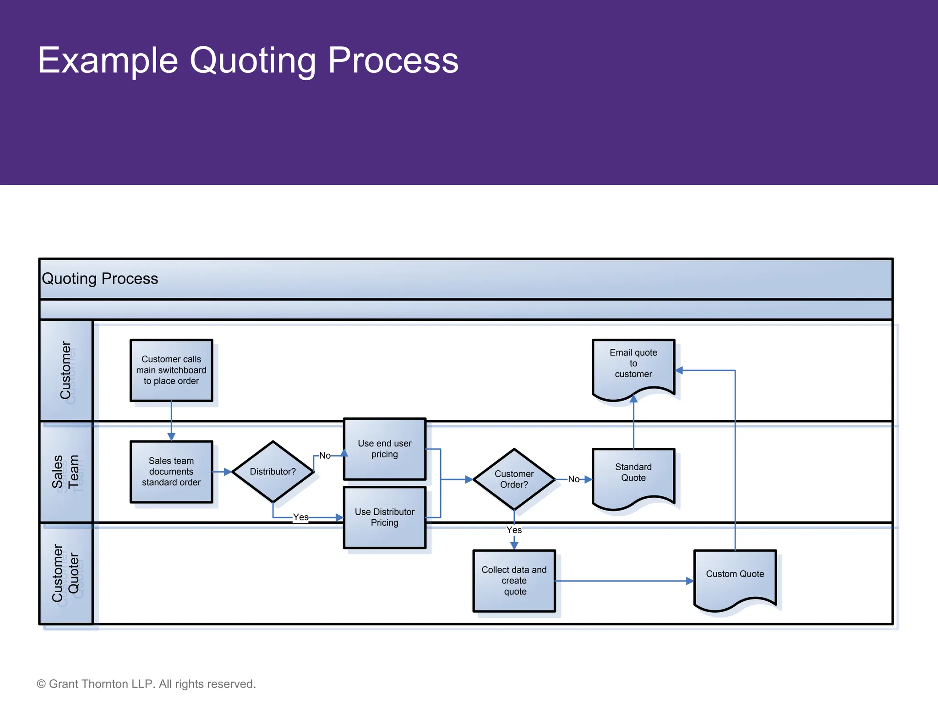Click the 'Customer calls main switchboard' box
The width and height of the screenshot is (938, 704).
(x=171, y=370)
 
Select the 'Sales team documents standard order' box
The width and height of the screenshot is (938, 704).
(x=171, y=472)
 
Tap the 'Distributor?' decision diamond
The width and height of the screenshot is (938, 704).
(x=273, y=472)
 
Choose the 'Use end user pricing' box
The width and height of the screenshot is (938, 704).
(x=385, y=449)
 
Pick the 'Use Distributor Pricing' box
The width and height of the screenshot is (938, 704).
(x=385, y=517)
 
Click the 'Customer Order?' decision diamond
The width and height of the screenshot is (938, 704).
(x=514, y=479)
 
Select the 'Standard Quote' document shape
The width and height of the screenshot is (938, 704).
(x=633, y=474)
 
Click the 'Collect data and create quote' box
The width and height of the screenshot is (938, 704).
(x=514, y=581)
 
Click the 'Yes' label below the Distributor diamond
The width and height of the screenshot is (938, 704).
(x=301, y=517)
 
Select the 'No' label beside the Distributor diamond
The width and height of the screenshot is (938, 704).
(x=325, y=456)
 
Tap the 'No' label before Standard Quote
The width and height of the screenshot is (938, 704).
(x=573, y=479)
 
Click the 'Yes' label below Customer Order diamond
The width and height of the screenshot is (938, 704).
(x=514, y=530)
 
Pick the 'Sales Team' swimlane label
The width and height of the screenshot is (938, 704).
(x=65, y=472)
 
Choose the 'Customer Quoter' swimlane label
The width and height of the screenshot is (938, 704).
(x=65, y=573)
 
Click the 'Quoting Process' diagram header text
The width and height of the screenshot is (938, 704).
(x=100, y=279)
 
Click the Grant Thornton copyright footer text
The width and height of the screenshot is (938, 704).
(x=146, y=684)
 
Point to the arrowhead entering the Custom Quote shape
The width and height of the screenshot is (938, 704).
(x=690, y=581)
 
